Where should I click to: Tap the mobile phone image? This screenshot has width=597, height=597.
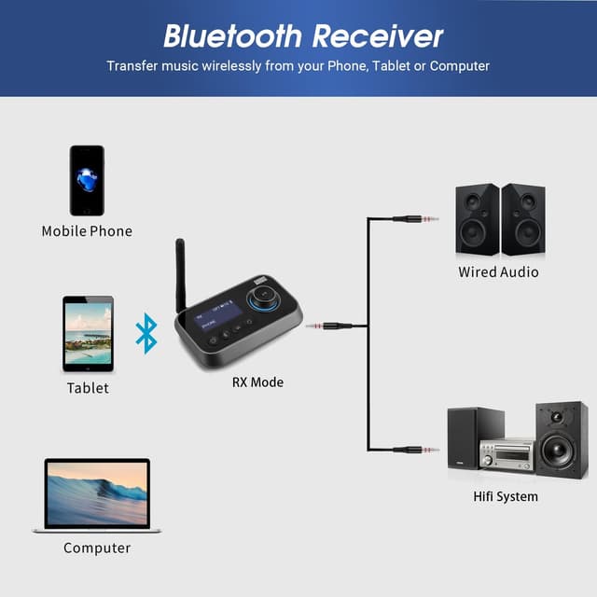87,180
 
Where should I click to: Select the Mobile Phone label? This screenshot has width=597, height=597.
87,230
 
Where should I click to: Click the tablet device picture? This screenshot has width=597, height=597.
88,334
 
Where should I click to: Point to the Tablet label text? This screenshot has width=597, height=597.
88,387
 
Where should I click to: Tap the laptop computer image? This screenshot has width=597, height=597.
97,495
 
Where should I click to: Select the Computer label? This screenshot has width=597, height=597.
97,548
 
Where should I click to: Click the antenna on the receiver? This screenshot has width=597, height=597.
181,274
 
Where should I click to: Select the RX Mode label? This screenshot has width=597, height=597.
257,382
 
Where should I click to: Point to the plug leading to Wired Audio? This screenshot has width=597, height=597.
415,219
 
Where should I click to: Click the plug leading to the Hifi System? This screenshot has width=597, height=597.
415,450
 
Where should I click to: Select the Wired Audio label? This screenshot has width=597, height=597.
498,272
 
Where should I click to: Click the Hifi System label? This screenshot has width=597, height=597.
505,496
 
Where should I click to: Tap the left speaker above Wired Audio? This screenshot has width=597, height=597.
477,219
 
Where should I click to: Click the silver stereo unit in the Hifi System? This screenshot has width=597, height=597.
507,454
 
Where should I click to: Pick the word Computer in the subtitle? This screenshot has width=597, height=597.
456,66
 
